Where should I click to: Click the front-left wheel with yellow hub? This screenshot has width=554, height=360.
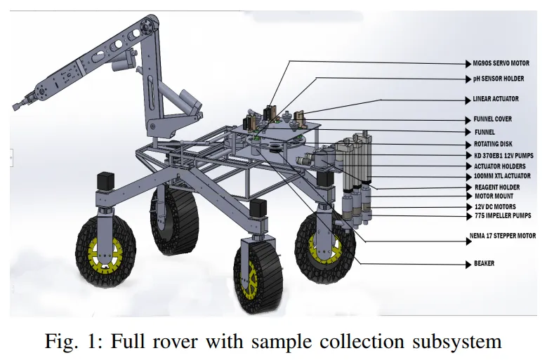coord(103,246)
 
